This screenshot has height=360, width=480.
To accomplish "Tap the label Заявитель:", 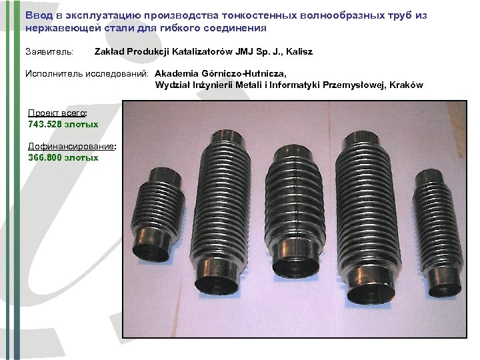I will coord(50,51).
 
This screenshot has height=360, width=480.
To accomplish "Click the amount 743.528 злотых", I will coord(63,124).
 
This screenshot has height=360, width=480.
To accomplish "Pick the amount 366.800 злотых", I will coord(63,157).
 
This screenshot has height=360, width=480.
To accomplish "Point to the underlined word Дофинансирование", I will coord(71,146).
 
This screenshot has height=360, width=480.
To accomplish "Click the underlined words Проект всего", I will coord(56,113).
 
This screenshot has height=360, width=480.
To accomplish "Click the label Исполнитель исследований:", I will coord(87,73).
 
